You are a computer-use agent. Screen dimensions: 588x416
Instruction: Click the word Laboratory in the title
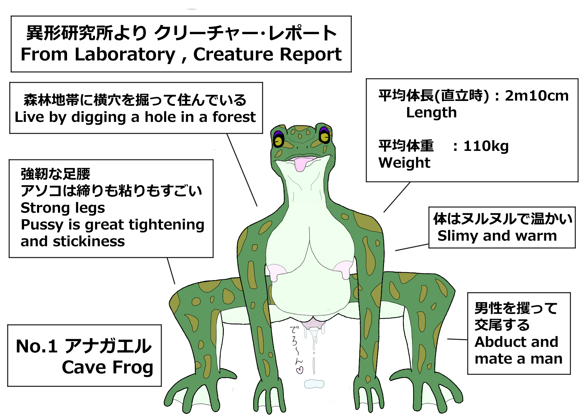(125, 55)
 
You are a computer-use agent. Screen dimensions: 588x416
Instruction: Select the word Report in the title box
(310, 55)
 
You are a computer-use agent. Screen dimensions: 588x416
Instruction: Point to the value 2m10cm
(537, 96)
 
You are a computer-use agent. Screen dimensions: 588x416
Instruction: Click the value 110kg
(486, 146)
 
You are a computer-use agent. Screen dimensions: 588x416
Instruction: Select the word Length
(431, 113)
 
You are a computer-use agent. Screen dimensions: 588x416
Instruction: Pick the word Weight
(404, 163)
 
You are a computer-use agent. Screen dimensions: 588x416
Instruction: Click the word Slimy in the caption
(458, 236)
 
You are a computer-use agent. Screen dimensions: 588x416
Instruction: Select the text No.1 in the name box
(36, 346)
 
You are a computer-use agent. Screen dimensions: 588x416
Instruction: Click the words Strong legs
(63, 208)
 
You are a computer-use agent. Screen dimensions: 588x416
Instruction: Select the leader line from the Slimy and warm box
(412, 247)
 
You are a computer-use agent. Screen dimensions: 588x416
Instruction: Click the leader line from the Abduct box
(457, 339)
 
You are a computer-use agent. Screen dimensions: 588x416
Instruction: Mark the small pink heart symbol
(300, 370)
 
